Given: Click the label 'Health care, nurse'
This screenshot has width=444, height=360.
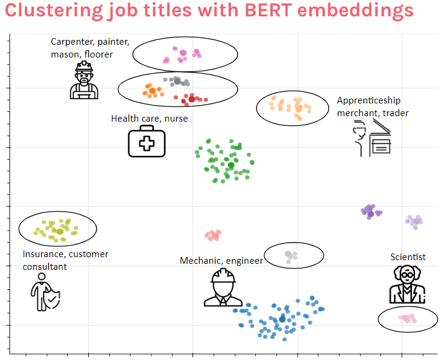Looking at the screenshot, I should (149, 118).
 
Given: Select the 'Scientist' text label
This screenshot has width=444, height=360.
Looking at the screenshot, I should (408, 257).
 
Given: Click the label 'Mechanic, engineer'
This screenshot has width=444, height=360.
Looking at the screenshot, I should (221, 260).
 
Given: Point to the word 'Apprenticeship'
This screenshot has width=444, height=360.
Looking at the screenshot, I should (368, 100).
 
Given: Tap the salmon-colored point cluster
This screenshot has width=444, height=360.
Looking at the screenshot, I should (213, 235).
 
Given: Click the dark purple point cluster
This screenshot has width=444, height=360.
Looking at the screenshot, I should (371, 211).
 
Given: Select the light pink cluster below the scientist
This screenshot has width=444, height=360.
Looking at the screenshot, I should (406, 318).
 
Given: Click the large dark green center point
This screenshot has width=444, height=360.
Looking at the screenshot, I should (231, 165).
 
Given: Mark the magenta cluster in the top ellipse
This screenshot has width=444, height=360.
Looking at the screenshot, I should (181, 55).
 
